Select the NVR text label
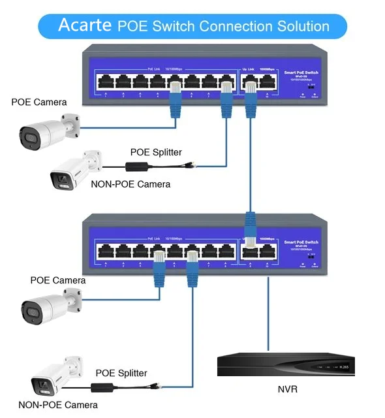tap(287, 390)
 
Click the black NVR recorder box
tap(286, 367)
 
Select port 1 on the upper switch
tap(105, 82)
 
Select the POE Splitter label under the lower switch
tap(121, 373)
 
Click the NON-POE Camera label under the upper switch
tap(131, 184)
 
